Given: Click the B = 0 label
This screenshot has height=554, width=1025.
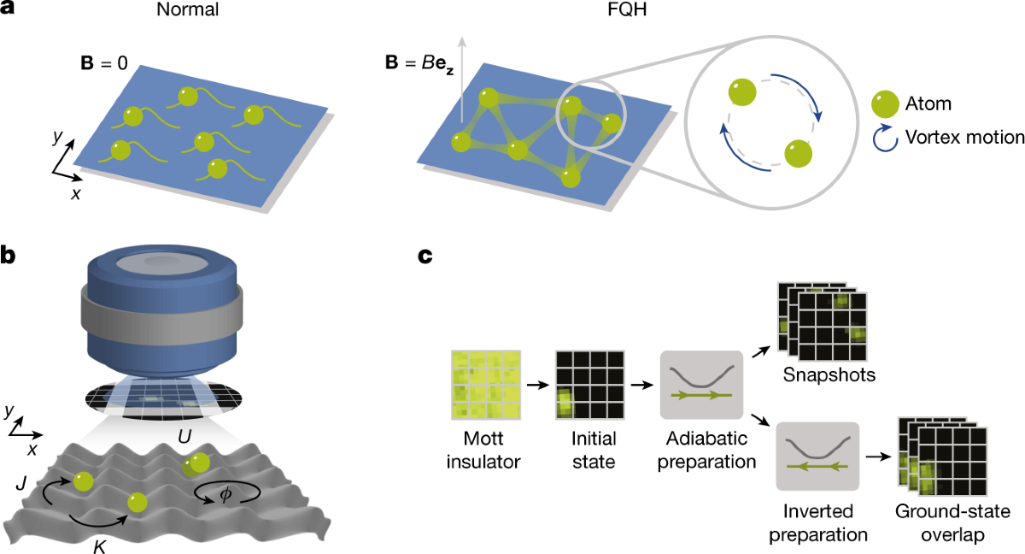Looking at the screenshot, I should pyautogui.click(x=103, y=65).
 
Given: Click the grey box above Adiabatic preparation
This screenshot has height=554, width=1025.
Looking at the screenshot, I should pyautogui.click(x=700, y=385).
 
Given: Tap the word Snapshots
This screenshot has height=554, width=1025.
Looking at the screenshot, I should pyautogui.click(x=817, y=376).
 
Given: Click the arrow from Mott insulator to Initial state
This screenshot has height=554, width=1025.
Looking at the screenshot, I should pyautogui.click(x=536, y=386).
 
